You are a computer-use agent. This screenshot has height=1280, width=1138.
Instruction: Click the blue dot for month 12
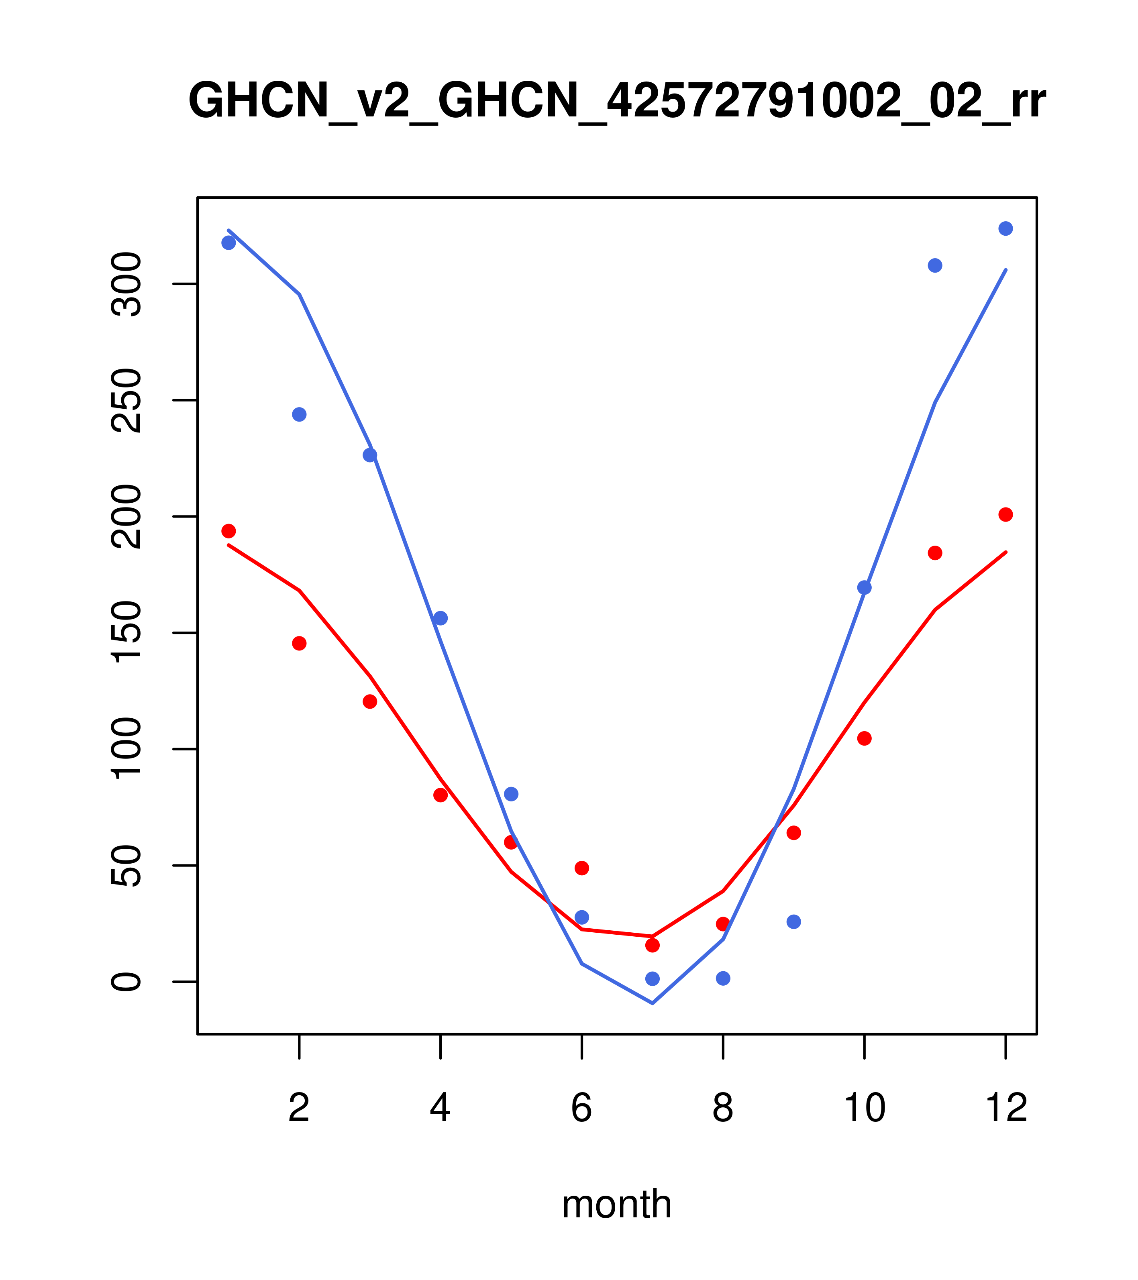coord(1005,228)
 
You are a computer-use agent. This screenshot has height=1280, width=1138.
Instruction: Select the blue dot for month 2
coord(300,415)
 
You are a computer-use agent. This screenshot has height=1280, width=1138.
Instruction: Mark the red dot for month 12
coord(1005,515)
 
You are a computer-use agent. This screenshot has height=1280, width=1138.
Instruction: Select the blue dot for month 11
coord(934,265)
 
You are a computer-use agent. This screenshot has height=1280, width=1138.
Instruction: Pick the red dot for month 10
coord(864,738)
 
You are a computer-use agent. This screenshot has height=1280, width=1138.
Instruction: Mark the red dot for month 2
coord(300,643)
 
